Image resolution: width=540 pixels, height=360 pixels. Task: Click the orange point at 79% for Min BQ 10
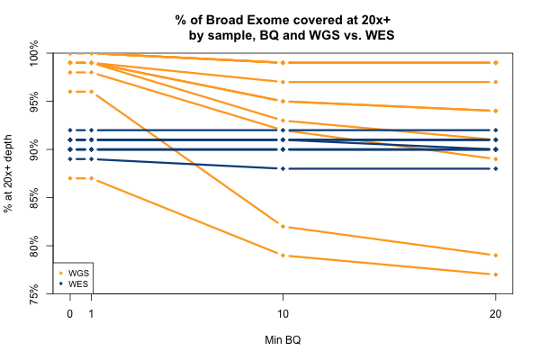(283, 256)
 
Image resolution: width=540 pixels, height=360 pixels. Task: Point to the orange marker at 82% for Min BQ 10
(283, 227)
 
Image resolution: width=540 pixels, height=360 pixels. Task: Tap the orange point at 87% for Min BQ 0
(70, 178)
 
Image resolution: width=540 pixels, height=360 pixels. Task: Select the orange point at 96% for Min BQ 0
(70, 92)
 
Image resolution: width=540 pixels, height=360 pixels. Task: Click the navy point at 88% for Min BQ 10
(283, 168)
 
